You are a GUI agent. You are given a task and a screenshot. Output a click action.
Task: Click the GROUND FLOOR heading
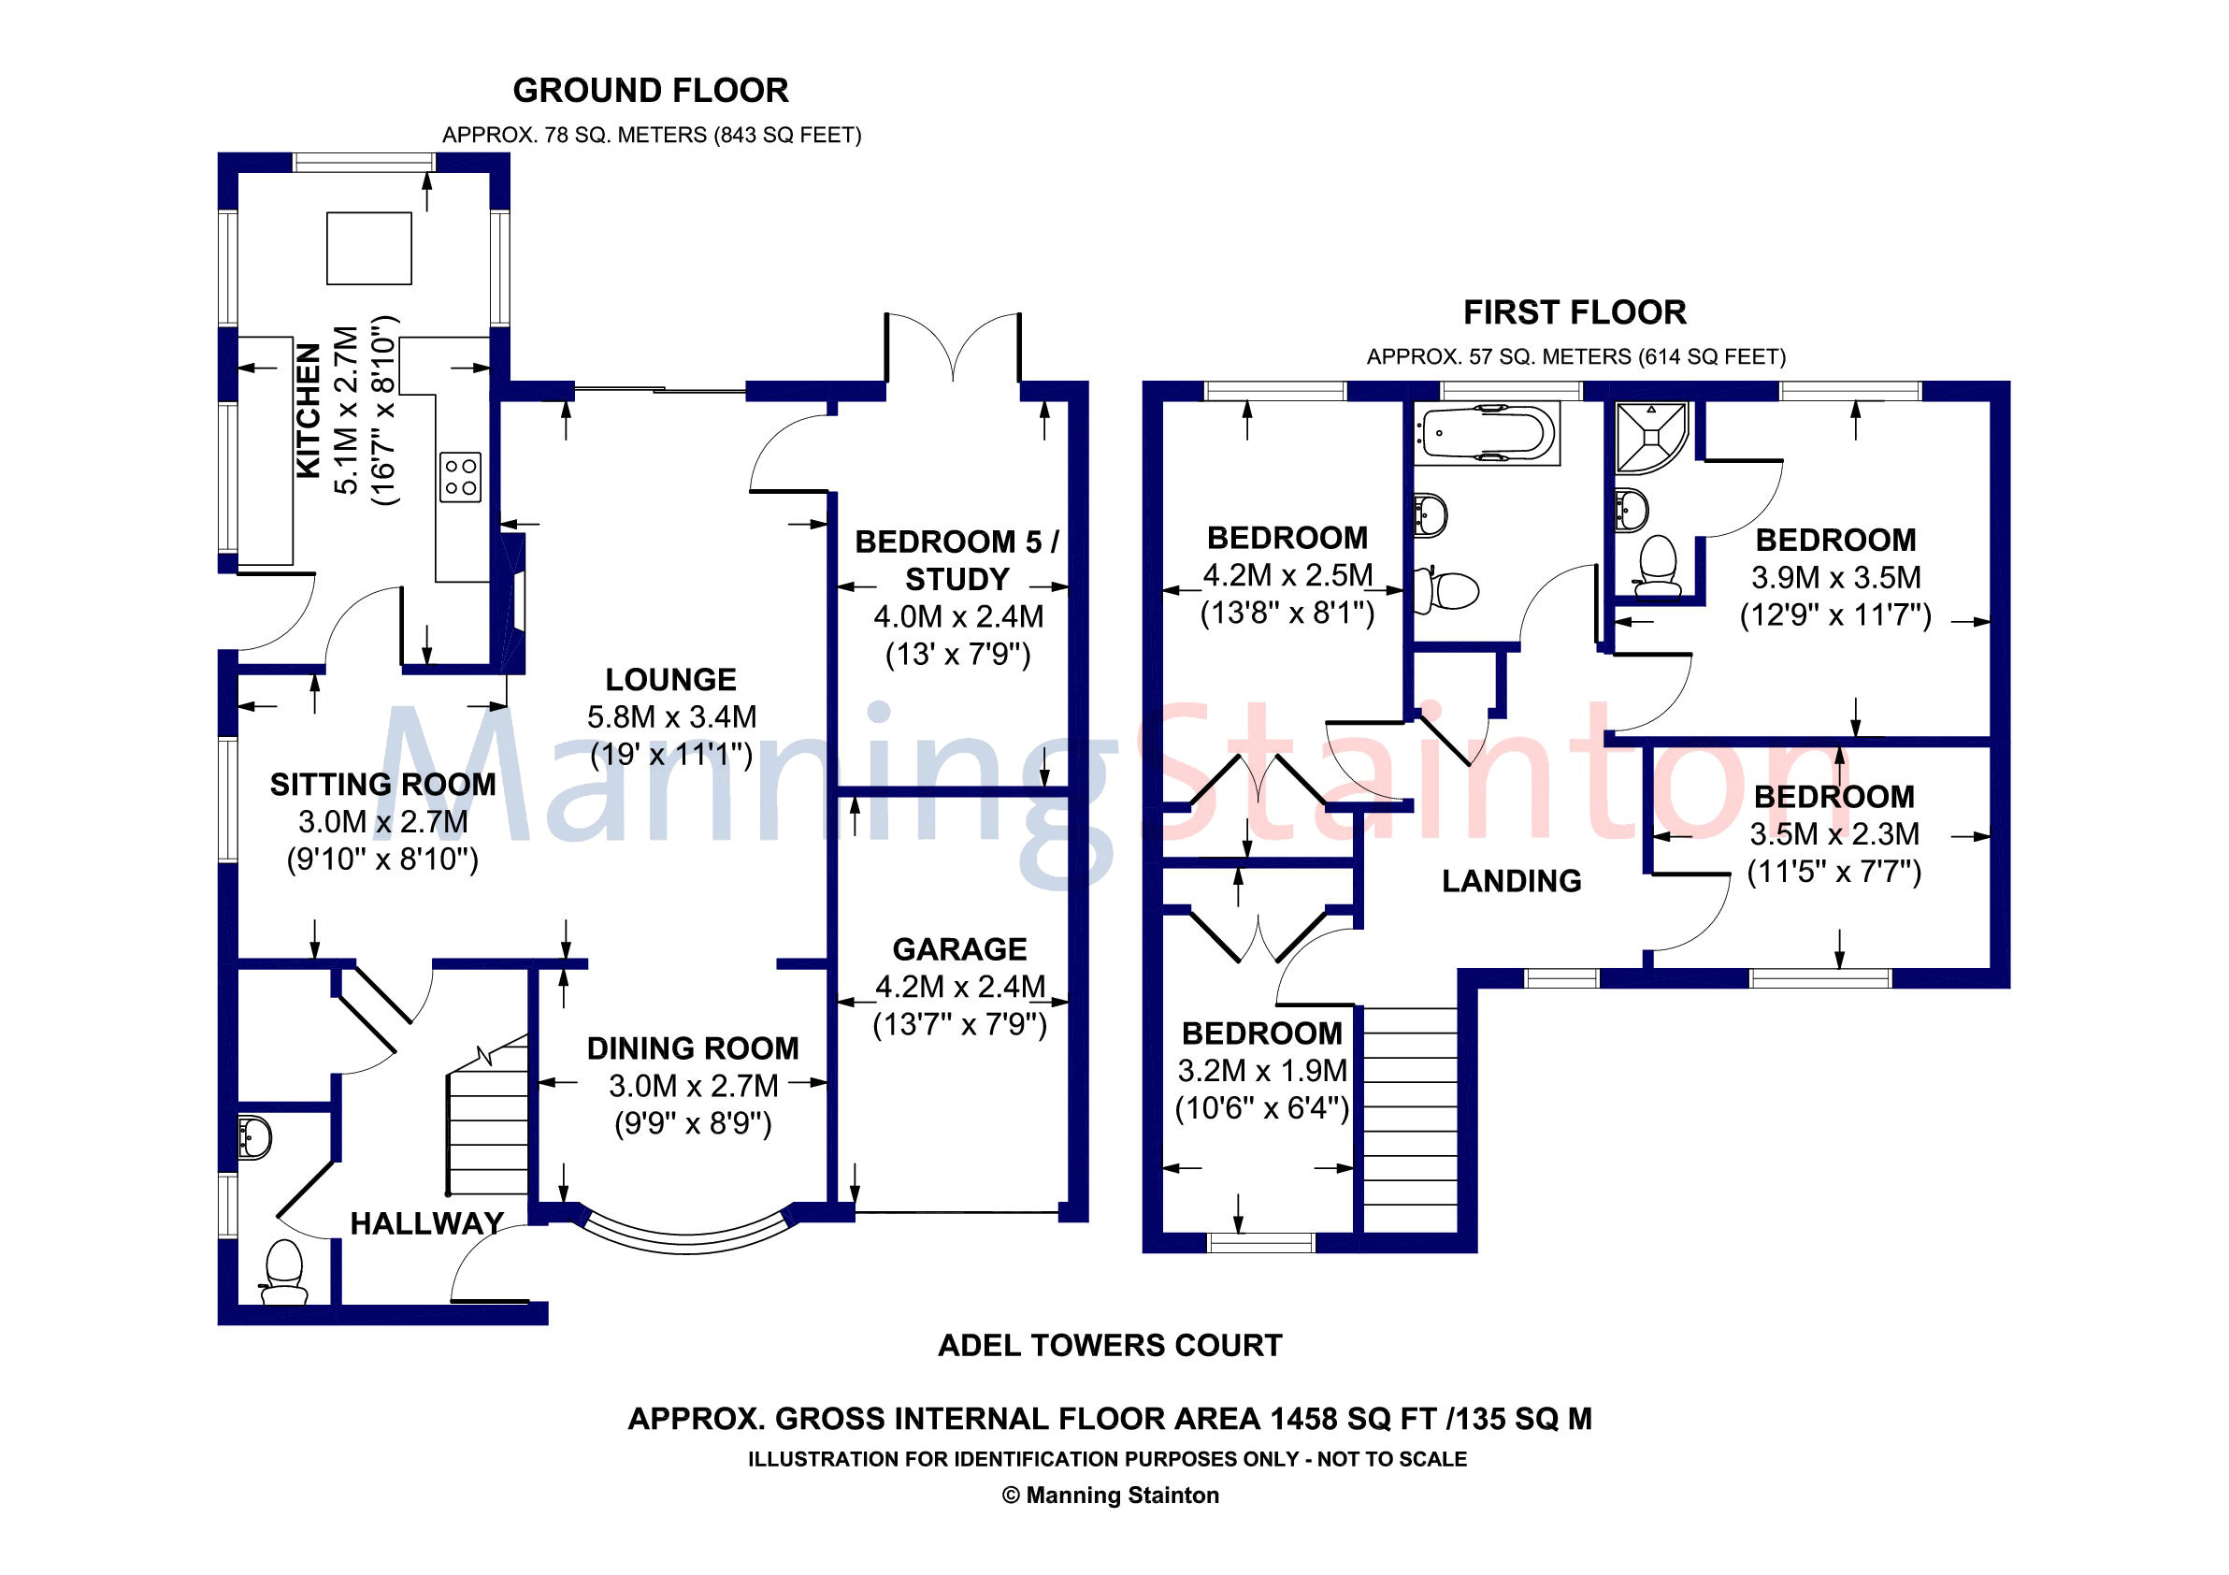tap(651, 91)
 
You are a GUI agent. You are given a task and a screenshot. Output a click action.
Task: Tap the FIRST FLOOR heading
tap(1575, 312)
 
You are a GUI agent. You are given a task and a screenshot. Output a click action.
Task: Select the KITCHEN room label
tap(309, 410)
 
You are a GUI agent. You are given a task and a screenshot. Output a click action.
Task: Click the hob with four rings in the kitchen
tap(460, 477)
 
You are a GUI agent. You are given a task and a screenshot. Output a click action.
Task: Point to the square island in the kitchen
tap(369, 249)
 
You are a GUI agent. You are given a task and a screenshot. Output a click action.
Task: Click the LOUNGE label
tap(670, 680)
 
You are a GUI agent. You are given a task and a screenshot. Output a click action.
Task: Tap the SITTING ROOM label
tap(382, 785)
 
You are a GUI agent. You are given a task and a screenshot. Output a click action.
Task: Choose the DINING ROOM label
tap(693, 1048)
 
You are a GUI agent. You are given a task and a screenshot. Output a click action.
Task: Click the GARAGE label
tap(959, 949)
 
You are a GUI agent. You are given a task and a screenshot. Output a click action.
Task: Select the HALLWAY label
tap(427, 1223)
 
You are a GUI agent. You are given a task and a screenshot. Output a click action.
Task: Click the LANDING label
tap(1512, 881)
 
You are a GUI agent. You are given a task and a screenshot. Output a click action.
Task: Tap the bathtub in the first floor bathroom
tap(1487, 433)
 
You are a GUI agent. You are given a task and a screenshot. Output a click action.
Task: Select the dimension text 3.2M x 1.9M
tap(1262, 1071)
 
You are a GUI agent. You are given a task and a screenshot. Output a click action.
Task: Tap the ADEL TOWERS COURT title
tap(1110, 1346)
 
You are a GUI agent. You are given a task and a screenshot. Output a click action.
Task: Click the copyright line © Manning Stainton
tap(1110, 1496)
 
